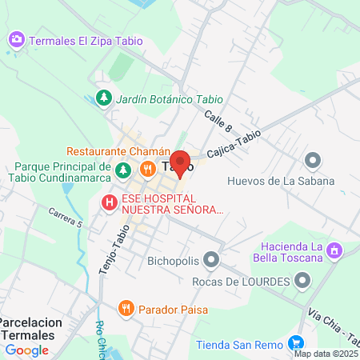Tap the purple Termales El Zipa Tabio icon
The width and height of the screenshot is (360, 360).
click(x=17, y=39)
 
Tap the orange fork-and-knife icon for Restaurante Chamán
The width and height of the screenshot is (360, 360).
click(x=148, y=169)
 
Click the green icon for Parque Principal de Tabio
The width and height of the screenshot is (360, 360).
click(x=122, y=170)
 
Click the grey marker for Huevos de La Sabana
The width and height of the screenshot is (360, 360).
click(x=313, y=161)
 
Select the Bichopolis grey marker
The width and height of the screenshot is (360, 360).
click(x=211, y=259)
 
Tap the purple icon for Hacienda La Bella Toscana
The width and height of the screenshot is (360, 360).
click(x=335, y=251)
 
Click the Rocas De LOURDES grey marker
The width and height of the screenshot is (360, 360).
click(x=302, y=281)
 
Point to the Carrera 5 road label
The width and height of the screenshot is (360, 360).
click(x=65, y=218)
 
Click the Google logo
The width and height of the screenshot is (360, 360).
click(x=26, y=350)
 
